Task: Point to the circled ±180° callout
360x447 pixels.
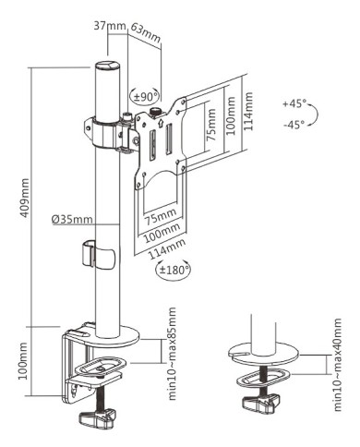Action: (x=174, y=269)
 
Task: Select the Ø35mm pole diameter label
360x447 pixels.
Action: (x=72, y=219)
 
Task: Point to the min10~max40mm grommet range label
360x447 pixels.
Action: (x=336, y=367)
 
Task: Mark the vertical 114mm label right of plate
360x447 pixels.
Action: (x=248, y=110)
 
